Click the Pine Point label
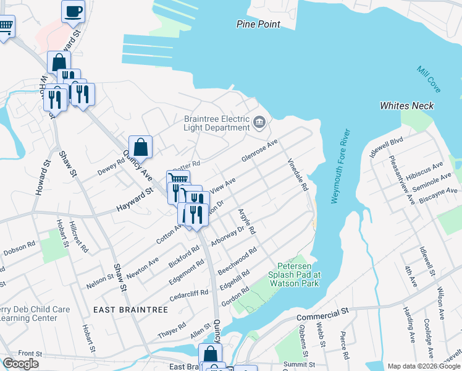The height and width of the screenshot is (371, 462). coord(258,24)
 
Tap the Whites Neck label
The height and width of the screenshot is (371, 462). coord(406,106)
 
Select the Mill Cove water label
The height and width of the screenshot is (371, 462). coord(428,80)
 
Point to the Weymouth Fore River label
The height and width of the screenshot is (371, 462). coord(341,167)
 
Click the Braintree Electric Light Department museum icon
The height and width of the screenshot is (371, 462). coord(259,124)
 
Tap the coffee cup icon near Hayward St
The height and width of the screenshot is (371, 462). coord(73,11)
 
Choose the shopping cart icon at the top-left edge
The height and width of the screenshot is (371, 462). coord(5,26)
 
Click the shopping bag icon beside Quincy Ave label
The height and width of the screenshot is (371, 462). coord(140,147)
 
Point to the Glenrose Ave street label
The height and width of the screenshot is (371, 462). coord(260,150)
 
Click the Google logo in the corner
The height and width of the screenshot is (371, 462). coord(20,364)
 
